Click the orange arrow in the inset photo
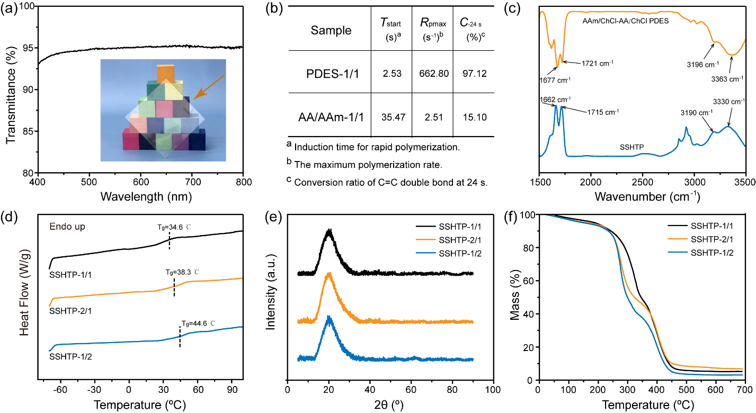[x=209, y=86]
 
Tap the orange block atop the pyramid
[x=165, y=73]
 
